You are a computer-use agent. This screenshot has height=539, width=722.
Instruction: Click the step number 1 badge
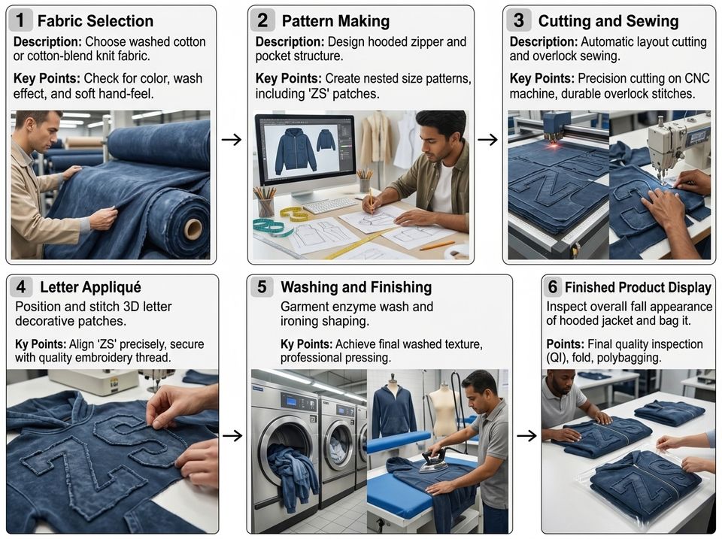click(x=20, y=21)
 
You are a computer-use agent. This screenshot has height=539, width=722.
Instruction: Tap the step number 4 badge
click(x=21, y=286)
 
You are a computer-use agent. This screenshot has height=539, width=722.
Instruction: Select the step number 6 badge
click(x=552, y=286)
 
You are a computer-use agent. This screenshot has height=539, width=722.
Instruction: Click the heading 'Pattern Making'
click(x=335, y=21)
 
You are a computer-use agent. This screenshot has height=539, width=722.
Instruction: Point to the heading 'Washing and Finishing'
click(x=356, y=287)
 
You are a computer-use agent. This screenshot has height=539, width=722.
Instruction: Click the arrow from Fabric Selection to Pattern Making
click(x=231, y=139)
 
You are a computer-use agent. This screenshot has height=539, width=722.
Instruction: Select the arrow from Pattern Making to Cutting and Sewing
click(x=487, y=139)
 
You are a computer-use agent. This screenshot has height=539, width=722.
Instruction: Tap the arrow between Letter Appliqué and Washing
click(x=232, y=435)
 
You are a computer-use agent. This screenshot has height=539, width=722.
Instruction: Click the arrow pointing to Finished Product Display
click(x=526, y=435)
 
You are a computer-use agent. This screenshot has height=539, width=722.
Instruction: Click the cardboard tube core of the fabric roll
click(x=193, y=229)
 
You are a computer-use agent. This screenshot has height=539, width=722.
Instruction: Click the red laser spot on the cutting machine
click(x=554, y=144)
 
